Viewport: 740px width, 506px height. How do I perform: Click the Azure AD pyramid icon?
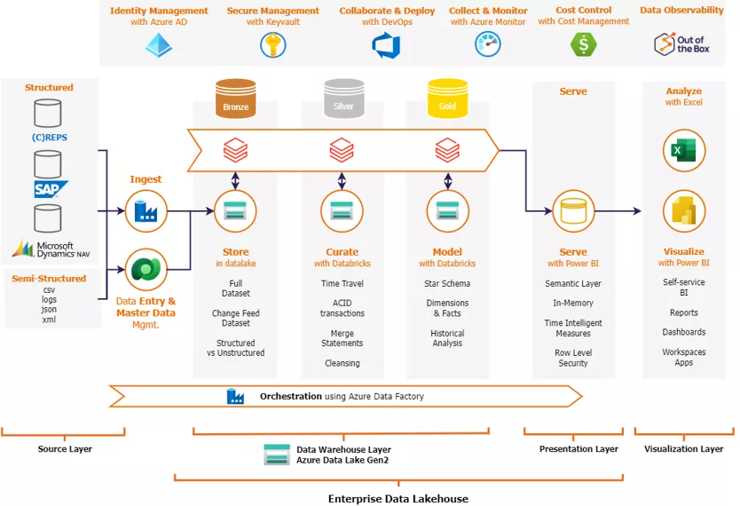coord(159,44)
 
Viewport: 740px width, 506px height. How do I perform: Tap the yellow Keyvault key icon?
coord(272,44)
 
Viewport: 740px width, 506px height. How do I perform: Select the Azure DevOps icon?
coord(387,44)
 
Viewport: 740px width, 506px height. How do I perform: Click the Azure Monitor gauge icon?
coord(488,44)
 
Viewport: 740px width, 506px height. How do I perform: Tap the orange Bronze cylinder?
coord(235,99)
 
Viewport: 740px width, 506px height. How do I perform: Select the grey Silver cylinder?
coord(342,99)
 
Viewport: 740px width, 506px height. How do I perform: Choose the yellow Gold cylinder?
coord(447,99)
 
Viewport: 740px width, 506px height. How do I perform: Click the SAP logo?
coord(50,188)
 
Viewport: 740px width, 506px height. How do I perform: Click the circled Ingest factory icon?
coord(146,211)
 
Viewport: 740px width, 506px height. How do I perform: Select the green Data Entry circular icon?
coord(146,269)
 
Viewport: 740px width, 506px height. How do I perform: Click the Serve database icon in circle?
coord(573,211)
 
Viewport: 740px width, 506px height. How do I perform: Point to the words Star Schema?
coord(447,284)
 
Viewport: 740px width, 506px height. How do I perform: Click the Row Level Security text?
coord(573,358)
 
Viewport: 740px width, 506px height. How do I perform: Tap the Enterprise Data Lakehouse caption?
coord(398,498)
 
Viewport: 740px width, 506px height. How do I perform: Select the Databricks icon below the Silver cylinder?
coord(342,152)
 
